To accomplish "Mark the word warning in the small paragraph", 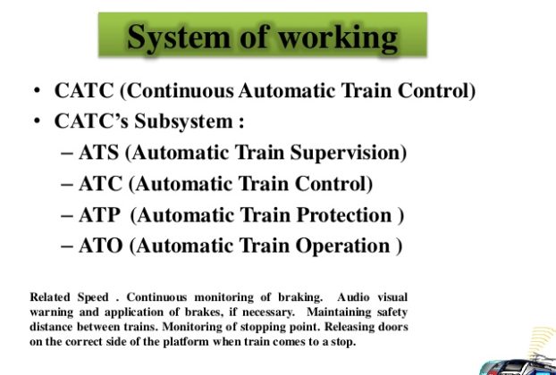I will [52, 312].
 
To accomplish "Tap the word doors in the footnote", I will [392, 327].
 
